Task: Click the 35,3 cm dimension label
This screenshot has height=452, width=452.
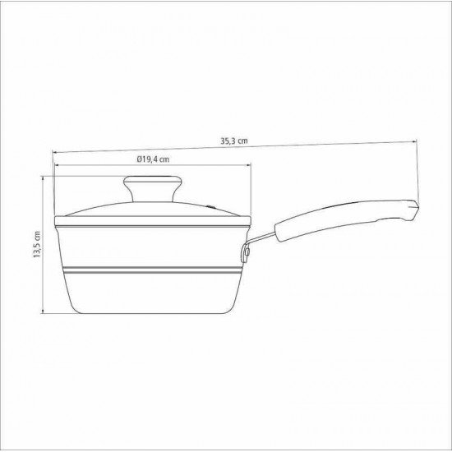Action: (x=233, y=141)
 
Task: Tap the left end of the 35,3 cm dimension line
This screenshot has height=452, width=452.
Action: (x=55, y=151)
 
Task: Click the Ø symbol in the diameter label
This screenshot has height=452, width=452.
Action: (x=131, y=160)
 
